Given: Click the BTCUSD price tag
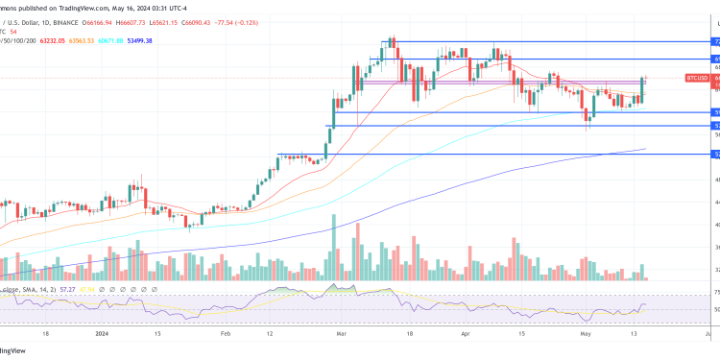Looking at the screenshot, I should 697,77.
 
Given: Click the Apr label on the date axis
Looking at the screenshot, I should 466,336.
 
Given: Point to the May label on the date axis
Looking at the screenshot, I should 585,336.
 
